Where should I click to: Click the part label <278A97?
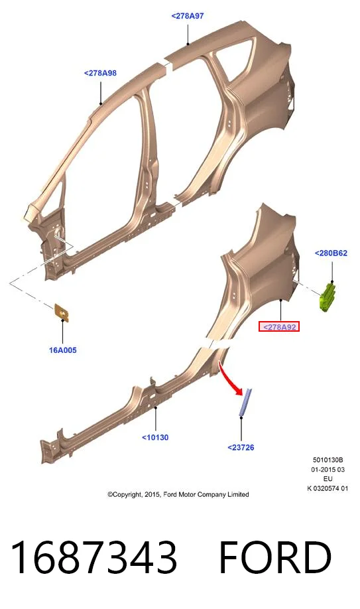tap(188, 16)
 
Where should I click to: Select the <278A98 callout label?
tap(100, 73)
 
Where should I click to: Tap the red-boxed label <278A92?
tap(279, 327)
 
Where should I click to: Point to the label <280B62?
tap(331, 253)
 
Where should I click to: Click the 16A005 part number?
tap(62, 350)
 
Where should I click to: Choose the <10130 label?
tap(155, 438)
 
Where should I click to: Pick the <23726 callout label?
tap(241, 448)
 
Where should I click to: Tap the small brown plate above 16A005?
tap(62, 312)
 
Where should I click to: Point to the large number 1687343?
tap(94, 557)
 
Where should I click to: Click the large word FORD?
tap(275, 557)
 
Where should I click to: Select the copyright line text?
tap(178, 494)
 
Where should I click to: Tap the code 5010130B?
tap(328, 460)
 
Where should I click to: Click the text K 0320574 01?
tap(328, 489)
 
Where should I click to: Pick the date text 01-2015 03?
tap(328, 470)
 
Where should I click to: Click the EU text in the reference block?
tap(328, 479)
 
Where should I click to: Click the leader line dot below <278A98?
tap(101, 103)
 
